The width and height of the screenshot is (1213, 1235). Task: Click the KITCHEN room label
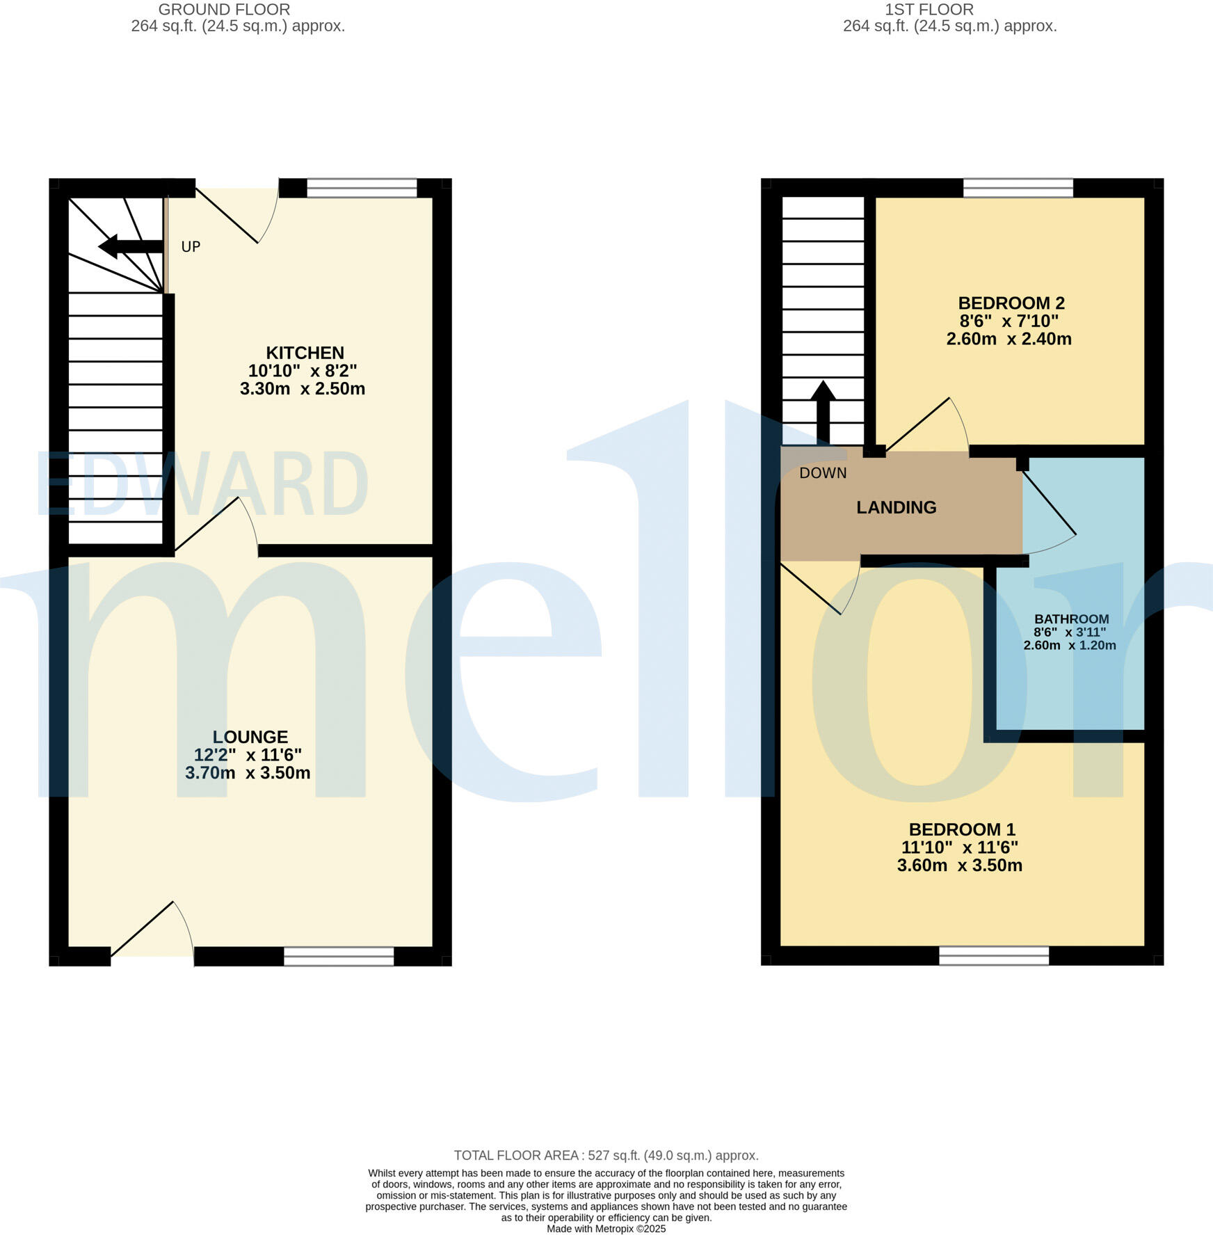tap(305, 353)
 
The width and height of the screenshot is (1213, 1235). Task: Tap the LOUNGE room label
tap(250, 737)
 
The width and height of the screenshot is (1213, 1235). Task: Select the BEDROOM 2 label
tap(1011, 303)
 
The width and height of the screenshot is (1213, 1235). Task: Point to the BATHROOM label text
tap(1071, 619)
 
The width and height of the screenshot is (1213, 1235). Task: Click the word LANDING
tap(896, 507)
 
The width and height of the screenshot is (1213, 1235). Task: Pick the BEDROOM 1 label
tap(961, 829)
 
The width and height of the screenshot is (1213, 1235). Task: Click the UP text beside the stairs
tap(191, 247)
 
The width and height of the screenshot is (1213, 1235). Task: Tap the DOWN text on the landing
tap(823, 473)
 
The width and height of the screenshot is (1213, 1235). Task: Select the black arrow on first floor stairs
tap(823, 411)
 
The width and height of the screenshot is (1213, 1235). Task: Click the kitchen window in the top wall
tap(362, 188)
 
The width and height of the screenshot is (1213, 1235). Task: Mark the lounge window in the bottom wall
tap(339, 957)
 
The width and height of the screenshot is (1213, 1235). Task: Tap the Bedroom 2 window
tap(1018, 188)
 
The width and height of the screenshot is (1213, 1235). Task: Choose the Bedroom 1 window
tap(993, 956)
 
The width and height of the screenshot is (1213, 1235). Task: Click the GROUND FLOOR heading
tap(224, 10)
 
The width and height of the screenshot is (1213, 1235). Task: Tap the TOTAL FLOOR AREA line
tap(606, 1155)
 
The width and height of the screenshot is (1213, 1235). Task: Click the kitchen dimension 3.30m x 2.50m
tap(302, 389)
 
